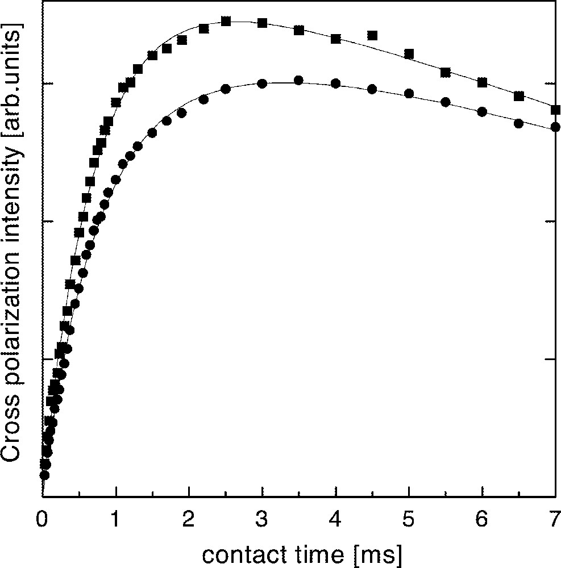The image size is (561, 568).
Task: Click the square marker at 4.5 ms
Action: pyautogui.click(x=372, y=35)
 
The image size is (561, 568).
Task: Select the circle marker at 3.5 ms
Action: pyautogui.click(x=298, y=80)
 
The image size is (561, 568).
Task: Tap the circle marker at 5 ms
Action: pyautogui.click(x=409, y=94)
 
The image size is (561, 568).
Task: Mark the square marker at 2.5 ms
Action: pyautogui.click(x=226, y=21)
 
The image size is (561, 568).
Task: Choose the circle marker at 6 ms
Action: pyautogui.click(x=482, y=111)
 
